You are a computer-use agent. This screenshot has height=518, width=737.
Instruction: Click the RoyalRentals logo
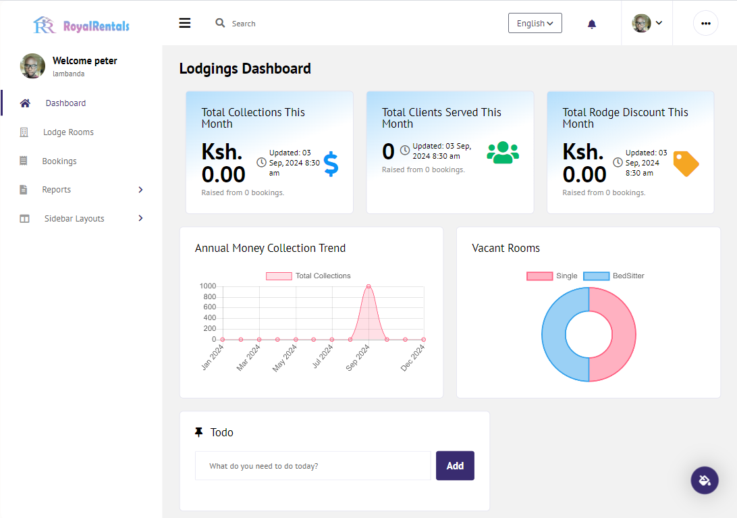click(81, 25)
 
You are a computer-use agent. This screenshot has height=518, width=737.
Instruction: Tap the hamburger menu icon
click(185, 23)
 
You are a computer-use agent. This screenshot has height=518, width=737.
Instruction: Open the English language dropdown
click(535, 23)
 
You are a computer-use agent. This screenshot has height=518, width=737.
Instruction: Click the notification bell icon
click(592, 24)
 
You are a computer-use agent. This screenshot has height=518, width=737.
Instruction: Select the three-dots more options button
click(705, 23)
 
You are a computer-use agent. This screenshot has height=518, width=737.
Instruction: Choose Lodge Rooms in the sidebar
click(68, 132)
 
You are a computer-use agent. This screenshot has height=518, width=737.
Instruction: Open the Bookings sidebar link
click(59, 161)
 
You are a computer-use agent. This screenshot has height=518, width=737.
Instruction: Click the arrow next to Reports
click(140, 190)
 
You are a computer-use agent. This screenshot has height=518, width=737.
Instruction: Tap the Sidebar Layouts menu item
click(74, 218)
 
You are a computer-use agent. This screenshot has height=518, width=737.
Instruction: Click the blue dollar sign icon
click(331, 163)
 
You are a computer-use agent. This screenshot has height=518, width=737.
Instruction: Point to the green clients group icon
click(503, 153)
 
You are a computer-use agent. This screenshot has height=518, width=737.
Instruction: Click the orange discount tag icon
click(686, 163)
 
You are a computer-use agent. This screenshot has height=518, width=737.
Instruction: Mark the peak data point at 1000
click(368, 286)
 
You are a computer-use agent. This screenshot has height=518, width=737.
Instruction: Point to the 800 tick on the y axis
click(210, 297)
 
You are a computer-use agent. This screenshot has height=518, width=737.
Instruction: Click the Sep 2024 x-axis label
click(358, 358)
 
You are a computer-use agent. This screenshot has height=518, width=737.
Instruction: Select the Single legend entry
click(552, 276)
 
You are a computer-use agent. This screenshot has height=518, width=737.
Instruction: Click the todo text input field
click(313, 466)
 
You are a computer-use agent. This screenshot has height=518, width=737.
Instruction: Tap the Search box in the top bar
click(236, 23)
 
